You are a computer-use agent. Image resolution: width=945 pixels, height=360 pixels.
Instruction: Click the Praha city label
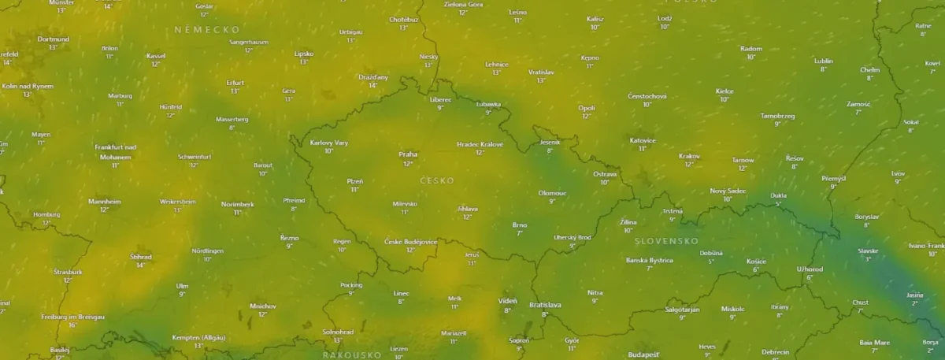click(x=408, y=154)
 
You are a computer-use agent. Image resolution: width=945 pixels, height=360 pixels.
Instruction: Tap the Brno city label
click(x=519, y=225)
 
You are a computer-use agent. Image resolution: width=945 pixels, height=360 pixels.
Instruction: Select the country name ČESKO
click(x=437, y=180)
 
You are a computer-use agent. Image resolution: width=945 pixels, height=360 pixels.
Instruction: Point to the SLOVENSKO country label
click(x=666, y=241)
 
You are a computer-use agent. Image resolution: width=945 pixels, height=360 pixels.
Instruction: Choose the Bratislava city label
click(x=545, y=305)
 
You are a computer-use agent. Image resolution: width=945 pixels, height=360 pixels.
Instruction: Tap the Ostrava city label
click(x=605, y=173)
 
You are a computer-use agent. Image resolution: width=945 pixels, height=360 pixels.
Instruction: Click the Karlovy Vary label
click(x=329, y=143)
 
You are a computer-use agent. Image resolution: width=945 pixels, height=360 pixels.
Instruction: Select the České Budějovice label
click(x=410, y=241)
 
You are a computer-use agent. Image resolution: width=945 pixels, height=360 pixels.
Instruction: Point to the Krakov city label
click(x=689, y=156)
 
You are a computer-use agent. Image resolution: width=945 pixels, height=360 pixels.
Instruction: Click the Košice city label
click(x=756, y=261)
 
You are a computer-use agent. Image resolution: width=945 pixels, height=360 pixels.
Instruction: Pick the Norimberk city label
click(x=238, y=204)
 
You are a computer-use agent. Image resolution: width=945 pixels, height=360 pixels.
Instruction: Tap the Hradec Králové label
click(x=480, y=144)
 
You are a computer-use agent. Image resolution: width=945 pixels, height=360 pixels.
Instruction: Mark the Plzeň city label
click(x=355, y=181)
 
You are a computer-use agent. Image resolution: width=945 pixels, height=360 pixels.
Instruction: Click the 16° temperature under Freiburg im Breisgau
click(x=73, y=325)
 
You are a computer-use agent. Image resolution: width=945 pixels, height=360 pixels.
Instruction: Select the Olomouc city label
click(x=552, y=192)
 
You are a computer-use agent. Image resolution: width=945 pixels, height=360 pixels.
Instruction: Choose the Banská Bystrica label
click(x=650, y=260)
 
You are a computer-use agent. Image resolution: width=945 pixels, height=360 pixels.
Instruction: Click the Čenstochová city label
click(x=647, y=96)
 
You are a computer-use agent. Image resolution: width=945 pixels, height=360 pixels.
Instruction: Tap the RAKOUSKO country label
click(x=352, y=354)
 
